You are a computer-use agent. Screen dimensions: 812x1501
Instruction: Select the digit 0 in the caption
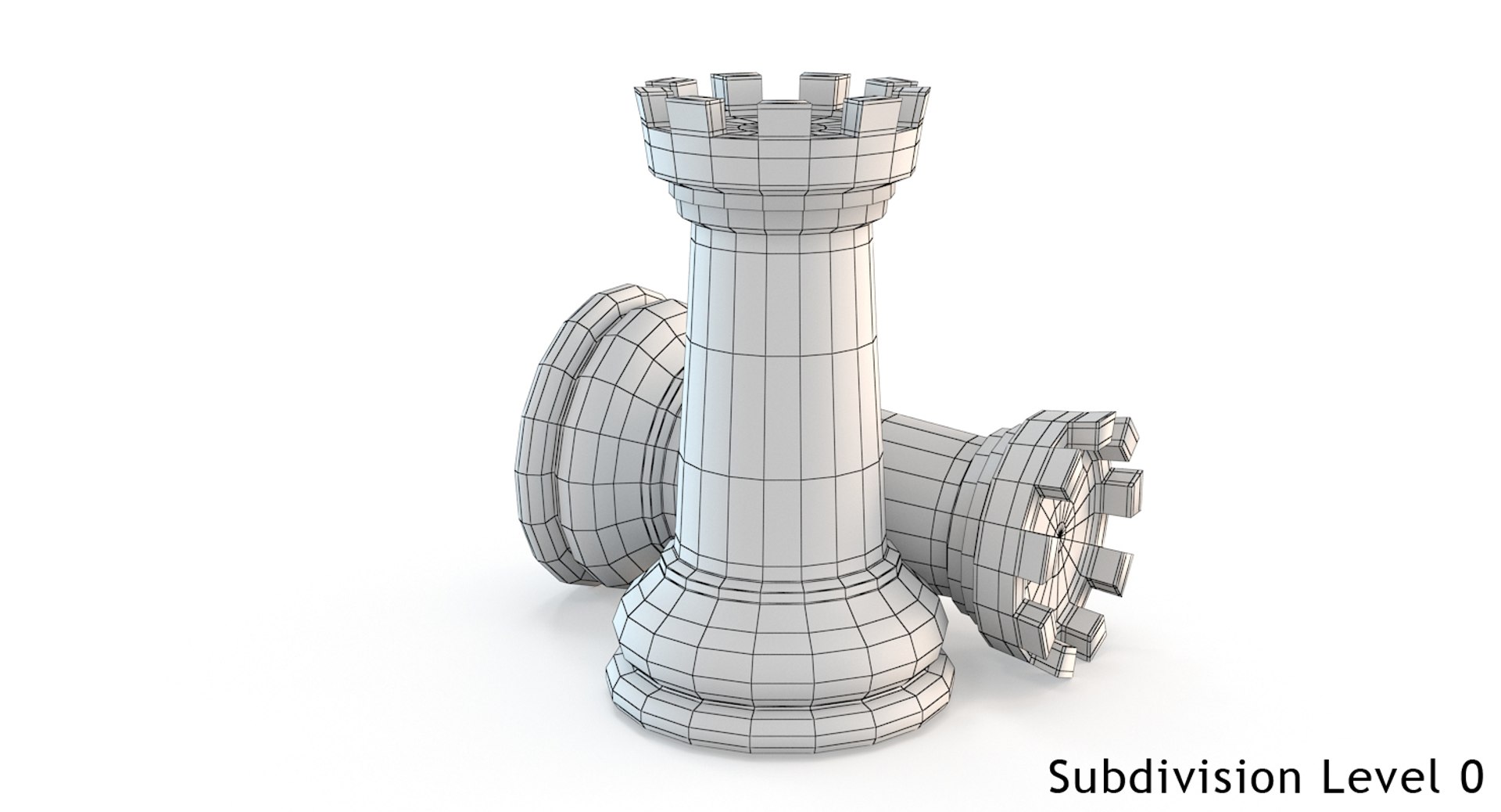click(1470, 778)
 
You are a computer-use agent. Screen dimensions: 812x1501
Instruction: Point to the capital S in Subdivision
click(1060, 778)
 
